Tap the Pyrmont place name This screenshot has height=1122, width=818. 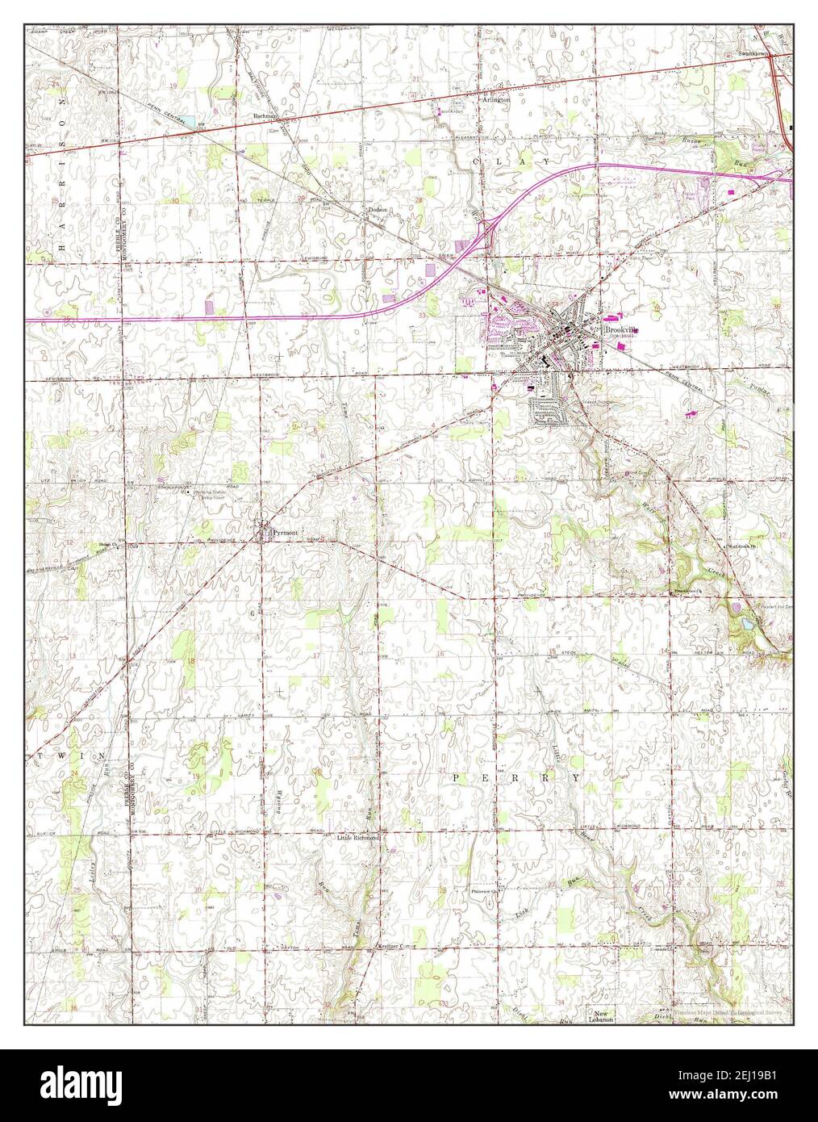[285, 534]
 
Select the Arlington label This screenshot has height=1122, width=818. [496, 100]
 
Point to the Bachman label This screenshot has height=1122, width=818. [265, 116]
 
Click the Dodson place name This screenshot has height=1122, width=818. [378, 210]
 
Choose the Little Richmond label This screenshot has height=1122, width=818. [357, 839]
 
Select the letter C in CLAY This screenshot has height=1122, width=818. [475, 162]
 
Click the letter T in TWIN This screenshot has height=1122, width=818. [40, 756]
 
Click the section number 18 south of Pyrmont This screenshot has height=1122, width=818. [191, 661]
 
